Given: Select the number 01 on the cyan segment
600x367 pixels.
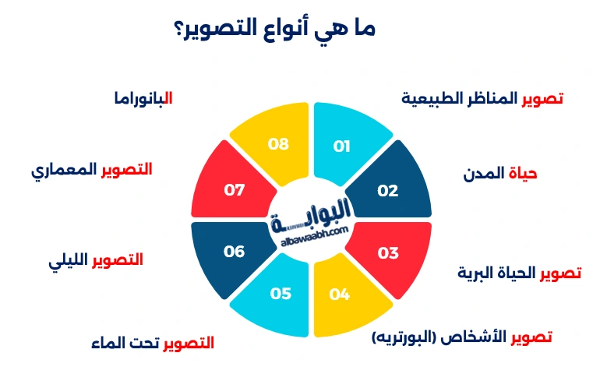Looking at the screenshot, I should (x=342, y=146).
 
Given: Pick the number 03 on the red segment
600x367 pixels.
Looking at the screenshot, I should (x=387, y=252).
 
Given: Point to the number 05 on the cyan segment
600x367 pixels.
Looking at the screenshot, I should (x=281, y=295).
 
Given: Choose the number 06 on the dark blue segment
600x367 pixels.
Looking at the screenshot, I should (x=234, y=252).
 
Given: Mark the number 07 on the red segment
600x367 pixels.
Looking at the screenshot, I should (x=234, y=190).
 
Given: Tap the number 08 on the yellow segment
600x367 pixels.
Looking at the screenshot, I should (x=278, y=144).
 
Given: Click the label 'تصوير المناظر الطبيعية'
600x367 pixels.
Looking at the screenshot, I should (x=482, y=99).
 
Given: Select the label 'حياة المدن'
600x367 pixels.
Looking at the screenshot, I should (x=501, y=174).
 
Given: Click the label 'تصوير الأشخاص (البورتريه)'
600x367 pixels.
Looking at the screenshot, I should (x=462, y=337).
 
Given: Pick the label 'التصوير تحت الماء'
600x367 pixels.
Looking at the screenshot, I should (x=151, y=343).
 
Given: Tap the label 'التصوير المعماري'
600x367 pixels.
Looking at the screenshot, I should (x=92, y=170).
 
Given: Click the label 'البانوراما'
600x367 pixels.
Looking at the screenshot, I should (x=142, y=99).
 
